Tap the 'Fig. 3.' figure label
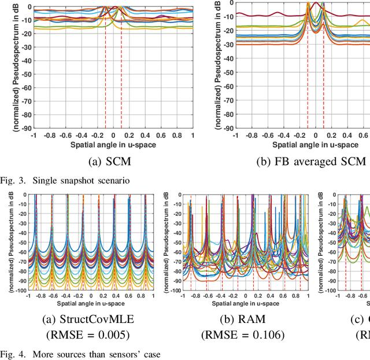13,180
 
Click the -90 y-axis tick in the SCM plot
25,129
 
